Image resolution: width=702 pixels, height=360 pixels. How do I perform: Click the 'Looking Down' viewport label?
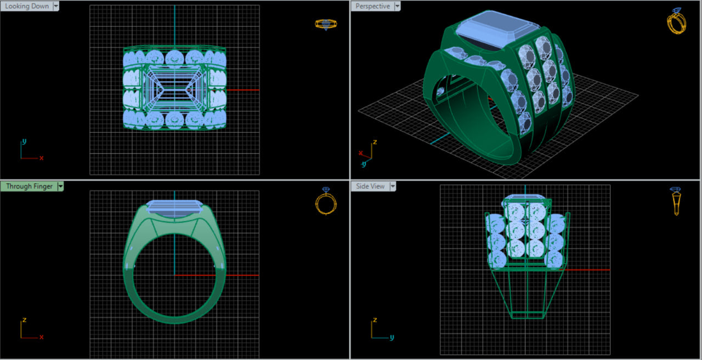26,6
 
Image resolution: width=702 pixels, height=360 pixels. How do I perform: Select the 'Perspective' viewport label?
372,6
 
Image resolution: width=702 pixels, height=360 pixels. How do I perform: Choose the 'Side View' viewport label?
370,186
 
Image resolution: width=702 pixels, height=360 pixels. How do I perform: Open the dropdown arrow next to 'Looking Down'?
56,6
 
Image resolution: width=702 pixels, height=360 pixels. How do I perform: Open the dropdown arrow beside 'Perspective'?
398,6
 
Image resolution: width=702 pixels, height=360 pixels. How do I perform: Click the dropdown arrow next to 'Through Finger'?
60,186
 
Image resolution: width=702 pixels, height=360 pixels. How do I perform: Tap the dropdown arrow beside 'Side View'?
393,186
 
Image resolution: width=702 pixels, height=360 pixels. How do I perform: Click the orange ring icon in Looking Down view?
325,24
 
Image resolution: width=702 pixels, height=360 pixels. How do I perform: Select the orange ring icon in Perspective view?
676,21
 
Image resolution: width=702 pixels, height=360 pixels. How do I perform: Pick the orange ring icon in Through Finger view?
325,201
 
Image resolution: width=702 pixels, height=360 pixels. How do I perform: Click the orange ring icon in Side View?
676,201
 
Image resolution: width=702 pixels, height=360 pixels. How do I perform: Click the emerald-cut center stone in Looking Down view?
174,89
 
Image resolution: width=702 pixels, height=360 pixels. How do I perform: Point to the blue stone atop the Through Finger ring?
174,207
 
